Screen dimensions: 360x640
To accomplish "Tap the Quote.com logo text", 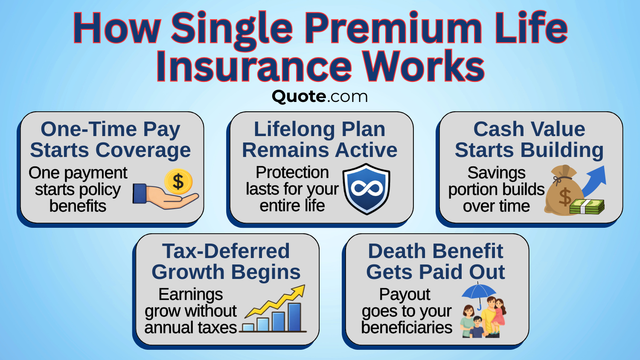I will tap(320, 96).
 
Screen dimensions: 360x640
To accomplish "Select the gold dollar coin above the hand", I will tap(178, 182).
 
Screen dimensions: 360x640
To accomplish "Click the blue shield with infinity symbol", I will tap(367, 189).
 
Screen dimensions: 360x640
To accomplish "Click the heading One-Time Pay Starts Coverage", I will tap(110, 139).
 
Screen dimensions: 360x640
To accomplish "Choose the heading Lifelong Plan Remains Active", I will tap(320, 139).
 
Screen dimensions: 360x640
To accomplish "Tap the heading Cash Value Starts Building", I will tap(529, 139).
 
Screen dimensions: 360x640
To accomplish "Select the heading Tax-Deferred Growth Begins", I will tap(226, 261).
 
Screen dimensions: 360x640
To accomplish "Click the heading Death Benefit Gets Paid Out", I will tap(436, 261).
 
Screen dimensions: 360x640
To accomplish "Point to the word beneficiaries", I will tap(407, 328).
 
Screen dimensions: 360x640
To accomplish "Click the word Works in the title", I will tap(423, 67).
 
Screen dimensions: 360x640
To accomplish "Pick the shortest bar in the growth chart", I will tap(248, 328).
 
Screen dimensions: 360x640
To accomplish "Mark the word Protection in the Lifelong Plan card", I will tap(292, 172).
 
